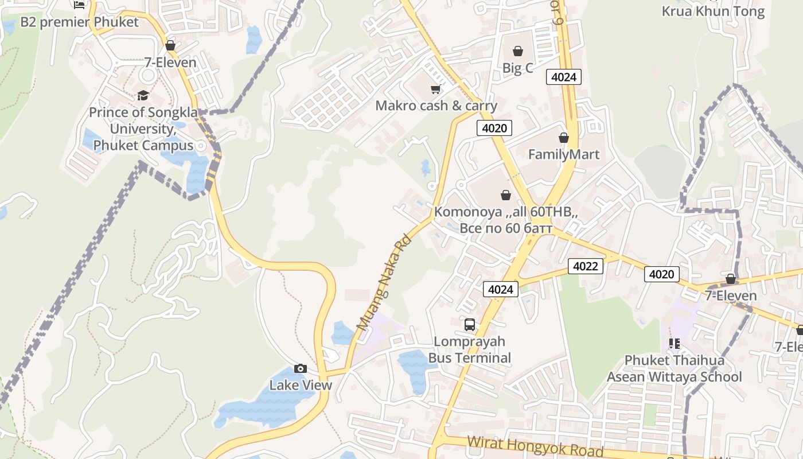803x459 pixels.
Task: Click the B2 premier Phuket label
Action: pyautogui.click(x=80, y=22)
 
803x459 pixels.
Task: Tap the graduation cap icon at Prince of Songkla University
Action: pyautogui.click(x=143, y=95)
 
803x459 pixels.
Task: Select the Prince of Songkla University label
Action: pyautogui.click(x=143, y=129)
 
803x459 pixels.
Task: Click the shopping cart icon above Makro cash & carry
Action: pyautogui.click(x=435, y=89)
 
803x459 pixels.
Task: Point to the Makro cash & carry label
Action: pyautogui.click(x=436, y=106)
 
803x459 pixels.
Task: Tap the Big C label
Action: pyautogui.click(x=517, y=68)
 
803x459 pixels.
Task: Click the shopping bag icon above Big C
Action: pyautogui.click(x=517, y=51)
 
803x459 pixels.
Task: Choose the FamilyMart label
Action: pyautogui.click(x=563, y=154)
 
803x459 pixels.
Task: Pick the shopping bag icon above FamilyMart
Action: pyautogui.click(x=563, y=138)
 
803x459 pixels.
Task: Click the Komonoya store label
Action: pyautogui.click(x=505, y=220)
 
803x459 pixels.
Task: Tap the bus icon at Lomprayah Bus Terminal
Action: pyautogui.click(x=470, y=325)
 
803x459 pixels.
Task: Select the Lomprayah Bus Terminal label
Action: pyautogui.click(x=470, y=349)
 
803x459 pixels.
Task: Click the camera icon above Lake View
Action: pyautogui.click(x=300, y=368)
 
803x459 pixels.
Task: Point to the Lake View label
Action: pyautogui.click(x=301, y=385)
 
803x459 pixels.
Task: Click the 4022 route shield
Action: pyautogui.click(x=585, y=266)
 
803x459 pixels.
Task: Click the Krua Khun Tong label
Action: pyautogui.click(x=713, y=11)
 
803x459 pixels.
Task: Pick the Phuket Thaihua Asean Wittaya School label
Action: pyautogui.click(x=674, y=368)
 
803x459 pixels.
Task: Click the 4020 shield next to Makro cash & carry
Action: pyautogui.click(x=494, y=128)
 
